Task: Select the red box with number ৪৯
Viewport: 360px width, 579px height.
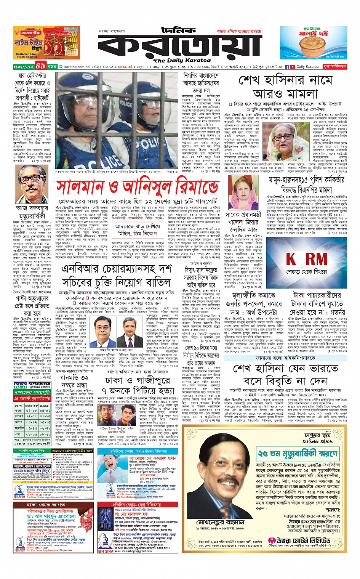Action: pos(41,66)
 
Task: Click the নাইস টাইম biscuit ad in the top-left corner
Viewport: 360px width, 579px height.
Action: pos(46,43)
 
